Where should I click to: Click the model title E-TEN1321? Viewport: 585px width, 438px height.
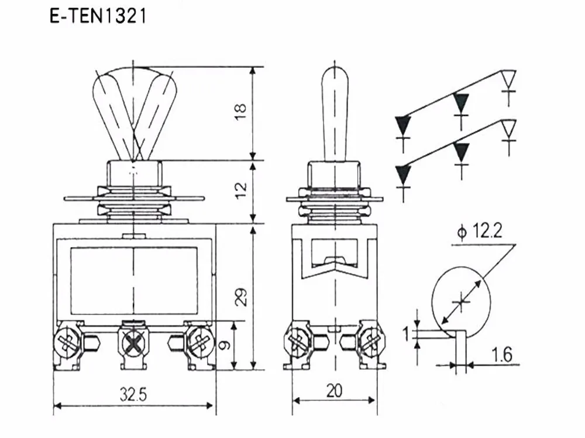[98, 16]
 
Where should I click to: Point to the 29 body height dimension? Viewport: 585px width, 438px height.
[242, 297]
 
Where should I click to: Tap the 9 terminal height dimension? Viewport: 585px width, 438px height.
[224, 345]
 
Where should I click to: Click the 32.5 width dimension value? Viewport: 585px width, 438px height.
[133, 394]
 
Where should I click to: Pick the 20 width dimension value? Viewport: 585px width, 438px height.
[334, 391]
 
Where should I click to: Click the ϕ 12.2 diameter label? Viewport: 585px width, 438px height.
[480, 231]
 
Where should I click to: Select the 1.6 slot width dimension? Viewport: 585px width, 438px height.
[502, 354]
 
